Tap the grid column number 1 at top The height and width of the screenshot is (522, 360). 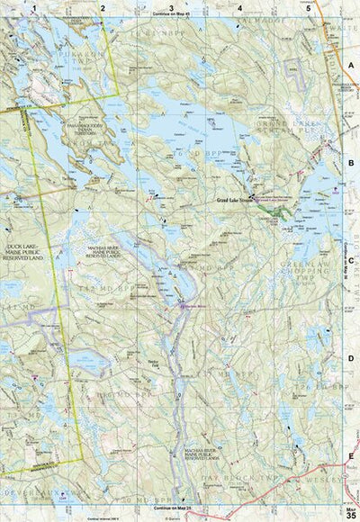(x=34, y=7)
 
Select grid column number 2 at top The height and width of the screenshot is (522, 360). (x=103, y=7)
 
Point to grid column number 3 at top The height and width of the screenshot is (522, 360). (x=171, y=7)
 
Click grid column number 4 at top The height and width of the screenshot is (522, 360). (x=239, y=7)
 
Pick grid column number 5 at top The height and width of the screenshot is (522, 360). (x=308, y=7)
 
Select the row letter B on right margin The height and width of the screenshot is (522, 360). (x=352, y=165)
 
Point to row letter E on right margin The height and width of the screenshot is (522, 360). (x=352, y=456)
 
